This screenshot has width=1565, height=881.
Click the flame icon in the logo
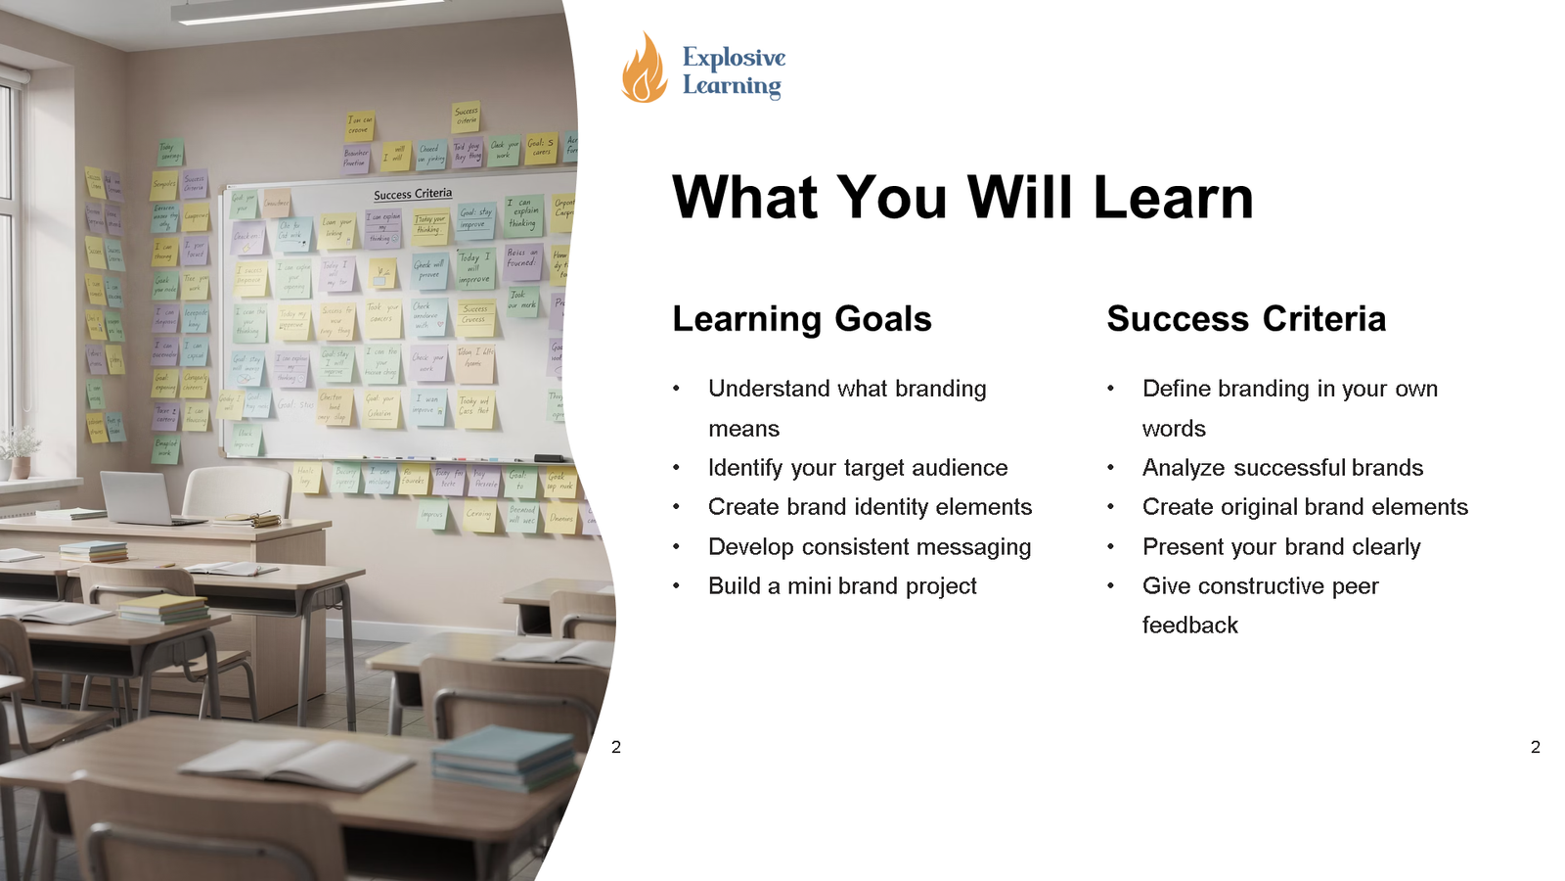tap(644, 69)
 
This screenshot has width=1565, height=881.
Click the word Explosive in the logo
tap(734, 58)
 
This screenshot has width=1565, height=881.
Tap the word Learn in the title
tap(1173, 198)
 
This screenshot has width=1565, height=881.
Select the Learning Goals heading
tap(801, 319)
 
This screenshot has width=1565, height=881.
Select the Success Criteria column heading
tap(1245, 319)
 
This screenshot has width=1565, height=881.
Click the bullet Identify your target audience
tap(857, 468)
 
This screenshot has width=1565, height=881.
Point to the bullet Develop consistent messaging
tap(869, 547)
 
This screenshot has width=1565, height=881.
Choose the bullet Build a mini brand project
tap(841, 586)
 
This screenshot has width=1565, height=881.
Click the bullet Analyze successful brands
tap(1281, 468)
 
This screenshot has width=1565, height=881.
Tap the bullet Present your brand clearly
tap(1280, 547)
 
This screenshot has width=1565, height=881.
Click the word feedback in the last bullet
tap(1189, 626)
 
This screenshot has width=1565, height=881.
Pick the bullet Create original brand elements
tap(1304, 507)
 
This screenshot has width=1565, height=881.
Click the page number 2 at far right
tap(1535, 747)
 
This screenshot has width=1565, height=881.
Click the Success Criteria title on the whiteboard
tap(413, 194)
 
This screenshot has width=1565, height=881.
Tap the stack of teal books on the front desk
tap(504, 759)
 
